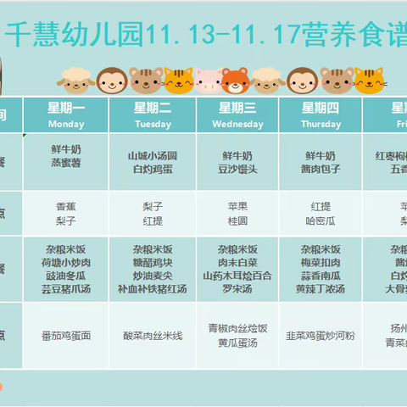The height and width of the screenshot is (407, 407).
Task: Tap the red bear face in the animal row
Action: [237, 81]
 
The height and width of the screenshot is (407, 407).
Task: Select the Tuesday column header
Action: [152, 114]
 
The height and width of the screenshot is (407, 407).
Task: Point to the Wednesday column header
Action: [237, 114]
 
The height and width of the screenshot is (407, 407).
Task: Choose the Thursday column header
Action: [321, 114]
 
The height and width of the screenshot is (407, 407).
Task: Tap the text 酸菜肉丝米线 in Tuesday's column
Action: [152, 336]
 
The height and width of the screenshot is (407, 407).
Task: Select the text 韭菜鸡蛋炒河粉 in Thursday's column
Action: [321, 336]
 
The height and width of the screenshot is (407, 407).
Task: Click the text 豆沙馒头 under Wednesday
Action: [237, 170]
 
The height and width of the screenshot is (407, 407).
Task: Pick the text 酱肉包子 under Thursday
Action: [321, 170]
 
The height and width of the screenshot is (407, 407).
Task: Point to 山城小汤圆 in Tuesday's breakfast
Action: [152, 156]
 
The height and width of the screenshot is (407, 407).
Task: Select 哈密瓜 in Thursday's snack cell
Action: [321, 220]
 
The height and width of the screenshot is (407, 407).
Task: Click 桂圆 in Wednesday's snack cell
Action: [237, 220]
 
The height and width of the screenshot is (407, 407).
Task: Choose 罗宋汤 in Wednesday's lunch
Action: [237, 288]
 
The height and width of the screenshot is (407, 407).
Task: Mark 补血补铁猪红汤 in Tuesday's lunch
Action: [152, 288]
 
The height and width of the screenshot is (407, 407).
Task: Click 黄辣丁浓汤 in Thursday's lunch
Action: [321, 288]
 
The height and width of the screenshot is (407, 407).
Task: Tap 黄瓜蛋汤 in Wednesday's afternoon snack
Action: [237, 343]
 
